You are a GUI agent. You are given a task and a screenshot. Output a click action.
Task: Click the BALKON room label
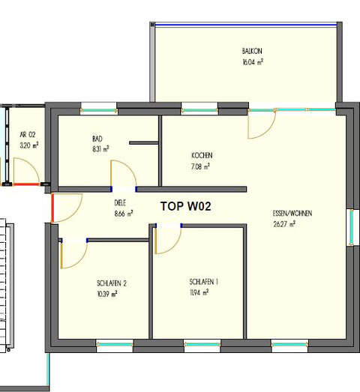[x=251, y=52]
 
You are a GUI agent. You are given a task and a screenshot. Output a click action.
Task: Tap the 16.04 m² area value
[x=251, y=64]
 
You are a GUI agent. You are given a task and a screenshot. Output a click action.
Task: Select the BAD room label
[x=97, y=139]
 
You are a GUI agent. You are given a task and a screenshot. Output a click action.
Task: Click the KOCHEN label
[x=200, y=155]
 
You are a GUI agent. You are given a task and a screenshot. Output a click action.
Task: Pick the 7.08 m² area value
[x=200, y=166]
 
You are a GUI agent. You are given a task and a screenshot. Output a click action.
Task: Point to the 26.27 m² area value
[x=283, y=223]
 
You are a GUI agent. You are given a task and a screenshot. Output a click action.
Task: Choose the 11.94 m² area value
[x=199, y=293]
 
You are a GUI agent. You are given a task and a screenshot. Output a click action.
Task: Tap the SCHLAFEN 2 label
[x=112, y=283]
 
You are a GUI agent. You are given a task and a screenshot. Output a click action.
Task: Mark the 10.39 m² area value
[x=107, y=294]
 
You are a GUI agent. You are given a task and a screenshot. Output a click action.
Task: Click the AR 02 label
[x=28, y=134]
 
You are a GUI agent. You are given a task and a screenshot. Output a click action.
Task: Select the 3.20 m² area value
[x=29, y=145]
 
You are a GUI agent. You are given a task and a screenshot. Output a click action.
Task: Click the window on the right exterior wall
[x=351, y=227]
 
